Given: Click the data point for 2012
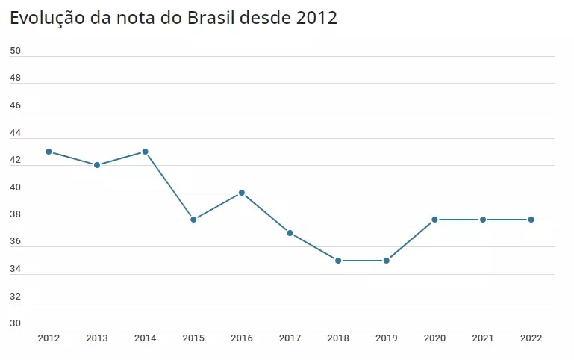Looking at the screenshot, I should (x=49, y=152).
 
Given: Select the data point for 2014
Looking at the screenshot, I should (x=145, y=152).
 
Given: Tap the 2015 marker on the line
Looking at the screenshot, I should (x=193, y=220).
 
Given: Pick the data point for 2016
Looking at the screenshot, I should (x=242, y=193).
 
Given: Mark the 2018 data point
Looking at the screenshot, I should (x=338, y=261).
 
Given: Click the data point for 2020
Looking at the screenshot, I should (x=434, y=220).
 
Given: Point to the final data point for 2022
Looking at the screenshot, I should (x=531, y=220).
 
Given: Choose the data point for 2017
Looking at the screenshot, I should (x=290, y=233).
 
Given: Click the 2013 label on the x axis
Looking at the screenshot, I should (x=97, y=338).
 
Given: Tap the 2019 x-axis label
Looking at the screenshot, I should (x=387, y=338).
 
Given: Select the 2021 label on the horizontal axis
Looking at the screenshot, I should (x=483, y=338).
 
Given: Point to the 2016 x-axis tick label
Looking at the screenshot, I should (x=242, y=338).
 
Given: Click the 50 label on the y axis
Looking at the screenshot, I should (x=15, y=51).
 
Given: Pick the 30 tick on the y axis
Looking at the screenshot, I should (x=15, y=324).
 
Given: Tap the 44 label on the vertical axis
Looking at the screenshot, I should (x=15, y=133).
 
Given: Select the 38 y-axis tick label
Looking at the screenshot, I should (x=15, y=215).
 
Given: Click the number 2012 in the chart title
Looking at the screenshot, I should (x=316, y=18).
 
